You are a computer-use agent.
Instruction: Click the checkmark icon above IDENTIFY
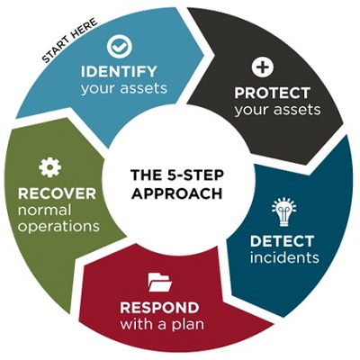pyautogui.click(x=120, y=47)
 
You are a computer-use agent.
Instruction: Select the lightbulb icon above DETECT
pyautogui.click(x=283, y=211)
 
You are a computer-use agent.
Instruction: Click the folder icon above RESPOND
pyautogui.click(x=160, y=283)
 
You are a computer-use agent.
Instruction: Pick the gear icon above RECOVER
pyautogui.click(x=50, y=167)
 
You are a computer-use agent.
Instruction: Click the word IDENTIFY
pyautogui.click(x=119, y=71)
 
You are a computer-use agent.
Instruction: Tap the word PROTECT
pyautogui.click(x=272, y=93)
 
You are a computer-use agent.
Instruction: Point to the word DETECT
pyautogui.click(x=282, y=241)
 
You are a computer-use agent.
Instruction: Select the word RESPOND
pyautogui.click(x=159, y=308)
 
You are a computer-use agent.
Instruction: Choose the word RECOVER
pyautogui.click(x=57, y=193)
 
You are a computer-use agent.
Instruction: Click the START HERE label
pyautogui.click(x=70, y=40)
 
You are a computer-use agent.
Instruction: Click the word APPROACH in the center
pyautogui.click(x=177, y=193)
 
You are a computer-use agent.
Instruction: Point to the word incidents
pyautogui.click(x=284, y=257)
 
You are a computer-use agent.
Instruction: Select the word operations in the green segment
pyautogui.click(x=58, y=226)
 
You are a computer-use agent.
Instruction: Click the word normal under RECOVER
pyautogui.click(x=44, y=210)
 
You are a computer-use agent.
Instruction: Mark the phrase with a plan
pyautogui.click(x=162, y=325)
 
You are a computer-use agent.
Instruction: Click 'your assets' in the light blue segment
pyautogui.click(x=123, y=88)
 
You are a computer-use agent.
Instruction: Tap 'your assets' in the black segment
pyautogui.click(x=277, y=110)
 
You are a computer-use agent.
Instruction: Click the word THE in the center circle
pyautogui.click(x=144, y=175)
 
